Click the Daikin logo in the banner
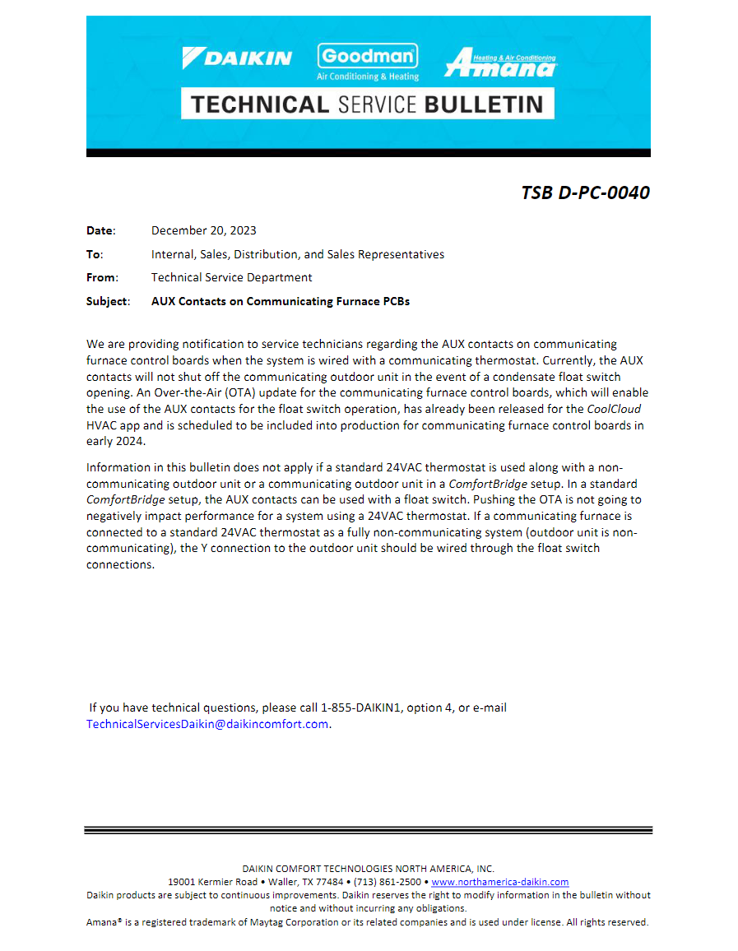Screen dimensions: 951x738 pos(237,58)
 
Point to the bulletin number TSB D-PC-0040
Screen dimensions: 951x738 pos(585,193)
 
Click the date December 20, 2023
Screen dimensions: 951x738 pos(203,230)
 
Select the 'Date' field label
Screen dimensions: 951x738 pos(100,230)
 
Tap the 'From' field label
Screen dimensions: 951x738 pos(101,277)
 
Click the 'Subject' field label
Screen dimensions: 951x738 pos(107,301)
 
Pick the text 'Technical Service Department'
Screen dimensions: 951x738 pos(231,277)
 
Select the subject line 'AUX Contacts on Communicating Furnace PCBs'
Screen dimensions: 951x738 pos(280,301)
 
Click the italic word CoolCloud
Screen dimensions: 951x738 pos(614,409)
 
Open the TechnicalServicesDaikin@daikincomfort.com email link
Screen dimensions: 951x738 pos(207,724)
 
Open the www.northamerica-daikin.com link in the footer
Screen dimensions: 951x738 pos(500,881)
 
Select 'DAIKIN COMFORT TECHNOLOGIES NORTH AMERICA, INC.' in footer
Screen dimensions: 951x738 pos(369,868)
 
